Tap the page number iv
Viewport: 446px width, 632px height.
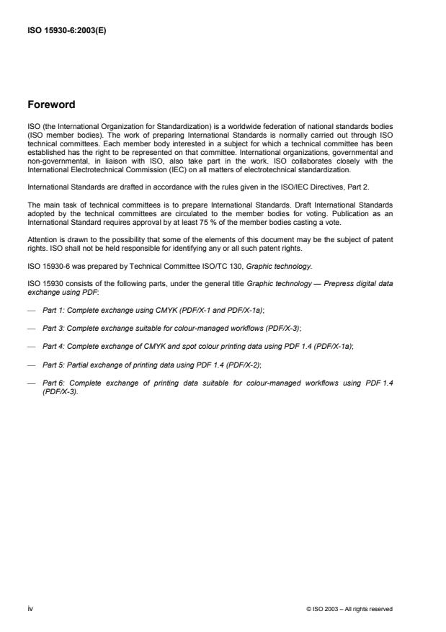(30, 608)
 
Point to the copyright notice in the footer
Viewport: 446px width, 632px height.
(349, 609)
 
